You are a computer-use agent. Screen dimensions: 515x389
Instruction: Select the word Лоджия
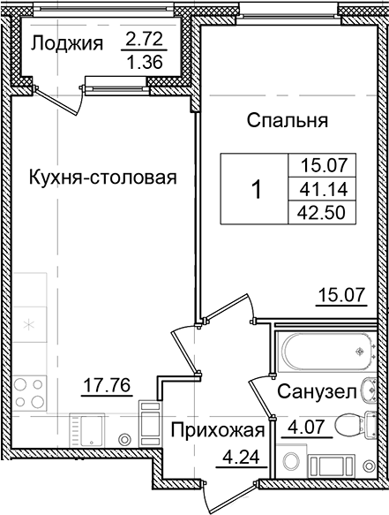(x=68, y=42)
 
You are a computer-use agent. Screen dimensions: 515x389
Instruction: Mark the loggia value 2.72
(x=143, y=40)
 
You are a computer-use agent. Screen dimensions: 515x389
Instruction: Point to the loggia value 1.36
(x=143, y=63)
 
